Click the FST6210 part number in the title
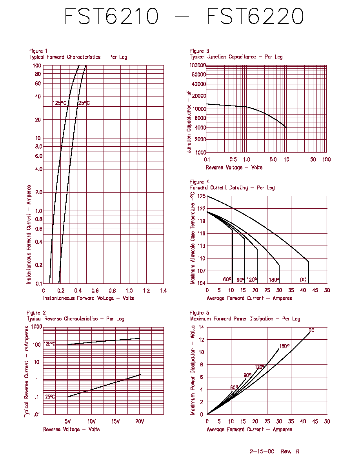point(112,16)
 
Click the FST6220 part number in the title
point(255,16)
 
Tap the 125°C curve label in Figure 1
point(60,103)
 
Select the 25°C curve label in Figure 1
point(84,103)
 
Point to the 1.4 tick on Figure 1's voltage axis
point(164,291)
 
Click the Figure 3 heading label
point(200,51)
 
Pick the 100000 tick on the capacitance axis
point(198,65)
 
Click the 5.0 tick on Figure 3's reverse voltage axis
point(273,160)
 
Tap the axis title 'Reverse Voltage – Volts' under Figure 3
point(234,167)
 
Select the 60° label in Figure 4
point(227,279)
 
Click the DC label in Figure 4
point(303,280)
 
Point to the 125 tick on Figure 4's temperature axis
point(202,196)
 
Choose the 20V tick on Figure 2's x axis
point(140,421)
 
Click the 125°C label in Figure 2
point(49,344)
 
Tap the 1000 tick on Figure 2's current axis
point(37,327)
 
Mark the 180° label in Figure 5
point(284,346)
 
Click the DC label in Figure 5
point(311,331)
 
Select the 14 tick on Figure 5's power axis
point(202,327)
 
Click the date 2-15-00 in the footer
point(262,451)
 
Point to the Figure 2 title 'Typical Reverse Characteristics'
point(62,319)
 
